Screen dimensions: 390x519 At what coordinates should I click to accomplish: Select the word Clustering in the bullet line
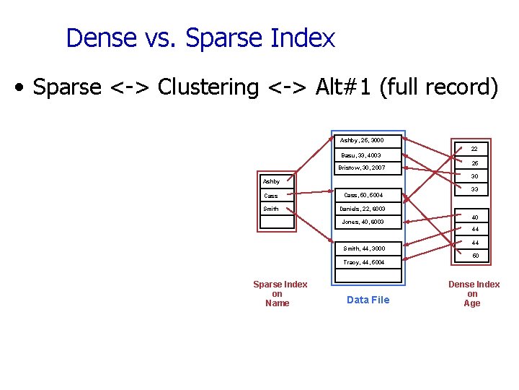(208, 87)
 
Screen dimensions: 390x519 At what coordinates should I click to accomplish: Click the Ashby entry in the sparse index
(272, 181)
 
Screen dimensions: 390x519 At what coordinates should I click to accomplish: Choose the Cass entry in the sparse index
(271, 196)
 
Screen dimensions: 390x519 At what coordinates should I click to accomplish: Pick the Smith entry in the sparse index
(272, 209)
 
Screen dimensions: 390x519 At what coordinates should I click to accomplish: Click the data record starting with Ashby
(362, 140)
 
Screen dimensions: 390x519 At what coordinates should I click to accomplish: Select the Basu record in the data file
(361, 155)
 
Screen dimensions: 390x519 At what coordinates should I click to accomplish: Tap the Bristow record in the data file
(363, 168)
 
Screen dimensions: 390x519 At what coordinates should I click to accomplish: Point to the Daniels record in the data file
(363, 209)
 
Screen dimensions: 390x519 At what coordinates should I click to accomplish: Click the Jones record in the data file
(363, 222)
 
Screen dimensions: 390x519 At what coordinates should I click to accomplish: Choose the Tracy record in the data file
(363, 262)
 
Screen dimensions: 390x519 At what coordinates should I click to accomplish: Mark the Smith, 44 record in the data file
(363, 248)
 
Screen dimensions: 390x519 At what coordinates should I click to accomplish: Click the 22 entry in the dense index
(474, 149)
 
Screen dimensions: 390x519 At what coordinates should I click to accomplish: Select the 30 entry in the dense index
(474, 176)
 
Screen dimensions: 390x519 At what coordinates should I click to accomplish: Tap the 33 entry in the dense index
(474, 190)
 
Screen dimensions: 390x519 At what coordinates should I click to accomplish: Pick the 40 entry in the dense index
(474, 217)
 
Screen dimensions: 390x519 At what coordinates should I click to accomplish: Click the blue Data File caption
(368, 300)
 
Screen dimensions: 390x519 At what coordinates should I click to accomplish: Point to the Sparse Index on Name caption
(280, 293)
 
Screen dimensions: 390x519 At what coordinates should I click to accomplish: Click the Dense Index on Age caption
(474, 293)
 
